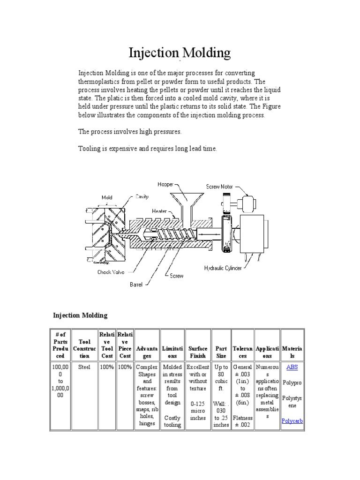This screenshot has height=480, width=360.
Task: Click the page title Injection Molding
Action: pyautogui.click(x=180, y=53)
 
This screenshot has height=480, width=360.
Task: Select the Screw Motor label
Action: pyautogui.click(x=219, y=187)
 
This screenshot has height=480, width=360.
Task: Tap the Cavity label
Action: pyautogui.click(x=142, y=197)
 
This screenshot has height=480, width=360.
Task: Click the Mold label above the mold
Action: pyautogui.click(x=107, y=197)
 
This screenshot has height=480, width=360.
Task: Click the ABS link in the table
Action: pyautogui.click(x=292, y=367)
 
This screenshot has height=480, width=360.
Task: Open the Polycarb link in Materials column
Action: pyautogui.click(x=292, y=421)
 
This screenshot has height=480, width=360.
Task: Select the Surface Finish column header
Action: pyautogui.click(x=198, y=352)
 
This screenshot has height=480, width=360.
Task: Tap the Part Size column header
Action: pyautogui.click(x=221, y=352)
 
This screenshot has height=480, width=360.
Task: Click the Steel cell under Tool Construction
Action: pyautogui.click(x=84, y=367)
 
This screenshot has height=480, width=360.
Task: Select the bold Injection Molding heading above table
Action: pyautogui.click(x=80, y=315)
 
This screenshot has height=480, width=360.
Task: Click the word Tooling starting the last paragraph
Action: pyautogui.click(x=89, y=149)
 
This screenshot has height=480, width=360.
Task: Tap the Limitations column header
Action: pyautogui.click(x=172, y=352)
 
